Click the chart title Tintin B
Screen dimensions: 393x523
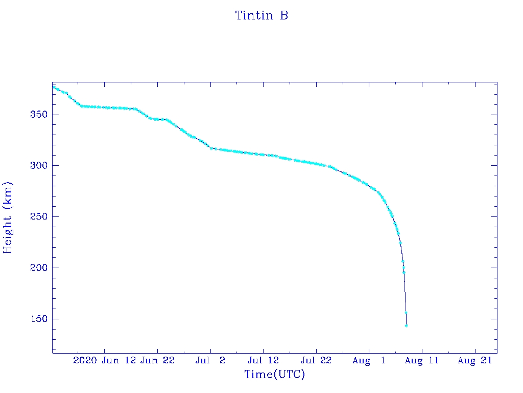(x=261, y=16)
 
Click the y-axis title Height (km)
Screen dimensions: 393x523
(x=8, y=217)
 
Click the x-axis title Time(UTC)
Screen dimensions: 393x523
(x=274, y=375)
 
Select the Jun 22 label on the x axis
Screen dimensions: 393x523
(x=157, y=361)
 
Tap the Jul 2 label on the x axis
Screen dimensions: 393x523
(x=210, y=361)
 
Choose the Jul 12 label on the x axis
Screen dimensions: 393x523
(x=263, y=361)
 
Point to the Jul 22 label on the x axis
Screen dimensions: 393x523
(x=316, y=361)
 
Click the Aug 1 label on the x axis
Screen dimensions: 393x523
(x=369, y=361)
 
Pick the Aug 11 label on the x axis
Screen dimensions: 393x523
(x=422, y=361)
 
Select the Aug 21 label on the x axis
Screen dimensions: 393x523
(x=475, y=361)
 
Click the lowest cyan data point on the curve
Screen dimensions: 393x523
(x=406, y=325)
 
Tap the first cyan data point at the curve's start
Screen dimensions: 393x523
(x=53, y=86)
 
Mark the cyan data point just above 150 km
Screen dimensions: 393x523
(x=406, y=313)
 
